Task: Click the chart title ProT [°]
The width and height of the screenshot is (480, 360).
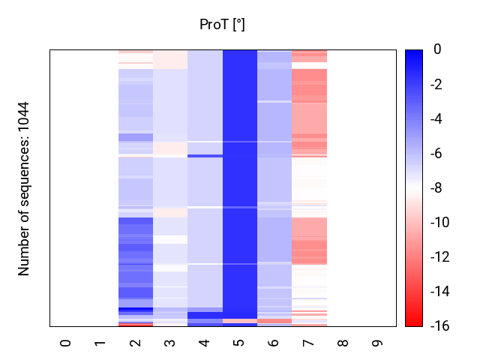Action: click(x=222, y=25)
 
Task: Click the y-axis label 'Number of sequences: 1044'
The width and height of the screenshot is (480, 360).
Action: click(x=24, y=188)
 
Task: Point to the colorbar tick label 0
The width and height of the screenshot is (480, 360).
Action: click(x=437, y=49)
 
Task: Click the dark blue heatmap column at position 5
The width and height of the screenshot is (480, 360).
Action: click(x=239, y=187)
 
